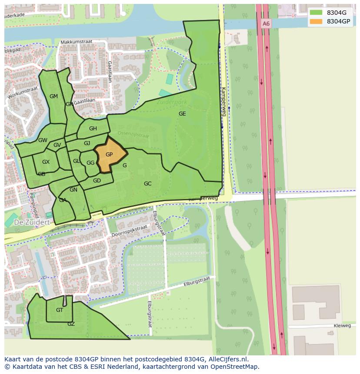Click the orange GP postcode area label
pyautogui.click(x=109, y=155)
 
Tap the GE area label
pyautogui.click(x=182, y=114)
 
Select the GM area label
pyautogui.click(x=53, y=96)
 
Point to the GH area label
pyautogui.click(x=93, y=129)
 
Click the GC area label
pyautogui.click(x=148, y=184)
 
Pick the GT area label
pyautogui.click(x=60, y=310)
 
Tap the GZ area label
pyautogui.click(x=71, y=324)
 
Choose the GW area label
pyautogui.click(x=43, y=140)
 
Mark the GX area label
pyautogui.click(x=46, y=162)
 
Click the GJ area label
pyautogui.click(x=87, y=143)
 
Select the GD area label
pyautogui.click(x=97, y=181)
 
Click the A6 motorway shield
pyautogui.click(x=266, y=23)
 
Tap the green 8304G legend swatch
pyautogui.click(x=316, y=12)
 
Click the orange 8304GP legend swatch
pyautogui.click(x=316, y=21)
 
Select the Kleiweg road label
pyautogui.click(x=342, y=325)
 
